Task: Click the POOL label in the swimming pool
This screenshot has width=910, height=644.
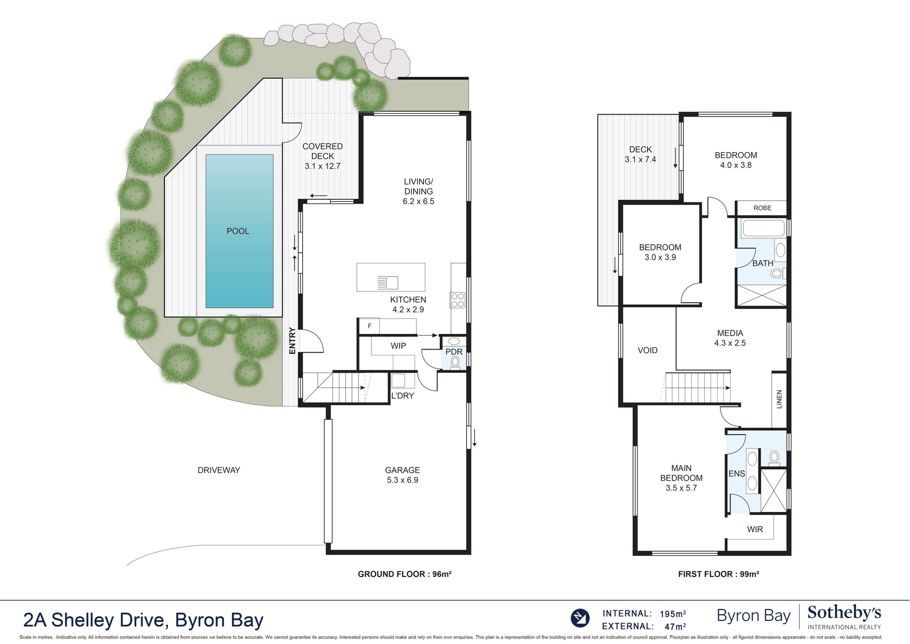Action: [238, 231]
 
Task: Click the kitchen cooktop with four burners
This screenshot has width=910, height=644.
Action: [458, 300]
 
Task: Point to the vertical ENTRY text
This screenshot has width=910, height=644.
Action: [292, 341]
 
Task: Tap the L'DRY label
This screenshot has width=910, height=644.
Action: [403, 396]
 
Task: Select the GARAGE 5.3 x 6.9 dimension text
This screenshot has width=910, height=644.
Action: [402, 480]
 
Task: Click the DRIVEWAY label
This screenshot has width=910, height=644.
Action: [219, 470]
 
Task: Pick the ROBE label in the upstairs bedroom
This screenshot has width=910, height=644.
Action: [762, 208]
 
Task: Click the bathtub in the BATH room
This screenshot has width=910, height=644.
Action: [763, 228]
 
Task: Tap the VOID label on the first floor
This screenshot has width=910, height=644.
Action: [647, 350]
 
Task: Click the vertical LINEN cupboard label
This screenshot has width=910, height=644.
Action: [779, 399]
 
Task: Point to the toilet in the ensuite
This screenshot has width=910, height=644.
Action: [774, 457]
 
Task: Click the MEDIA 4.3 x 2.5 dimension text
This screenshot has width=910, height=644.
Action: [730, 343]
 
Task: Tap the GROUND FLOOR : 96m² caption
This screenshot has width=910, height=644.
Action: [404, 574]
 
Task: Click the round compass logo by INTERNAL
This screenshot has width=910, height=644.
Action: [580, 618]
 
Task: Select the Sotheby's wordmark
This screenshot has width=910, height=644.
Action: [844, 613]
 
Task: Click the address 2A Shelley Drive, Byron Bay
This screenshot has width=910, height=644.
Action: [143, 620]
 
